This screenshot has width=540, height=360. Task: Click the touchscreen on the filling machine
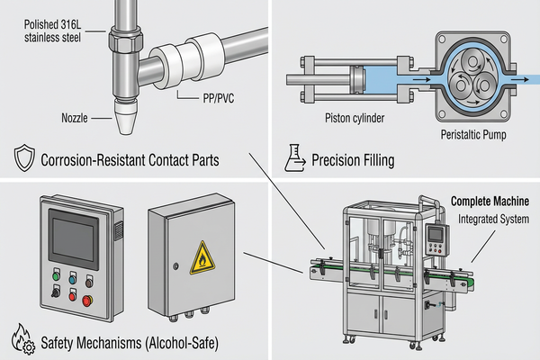436,232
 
